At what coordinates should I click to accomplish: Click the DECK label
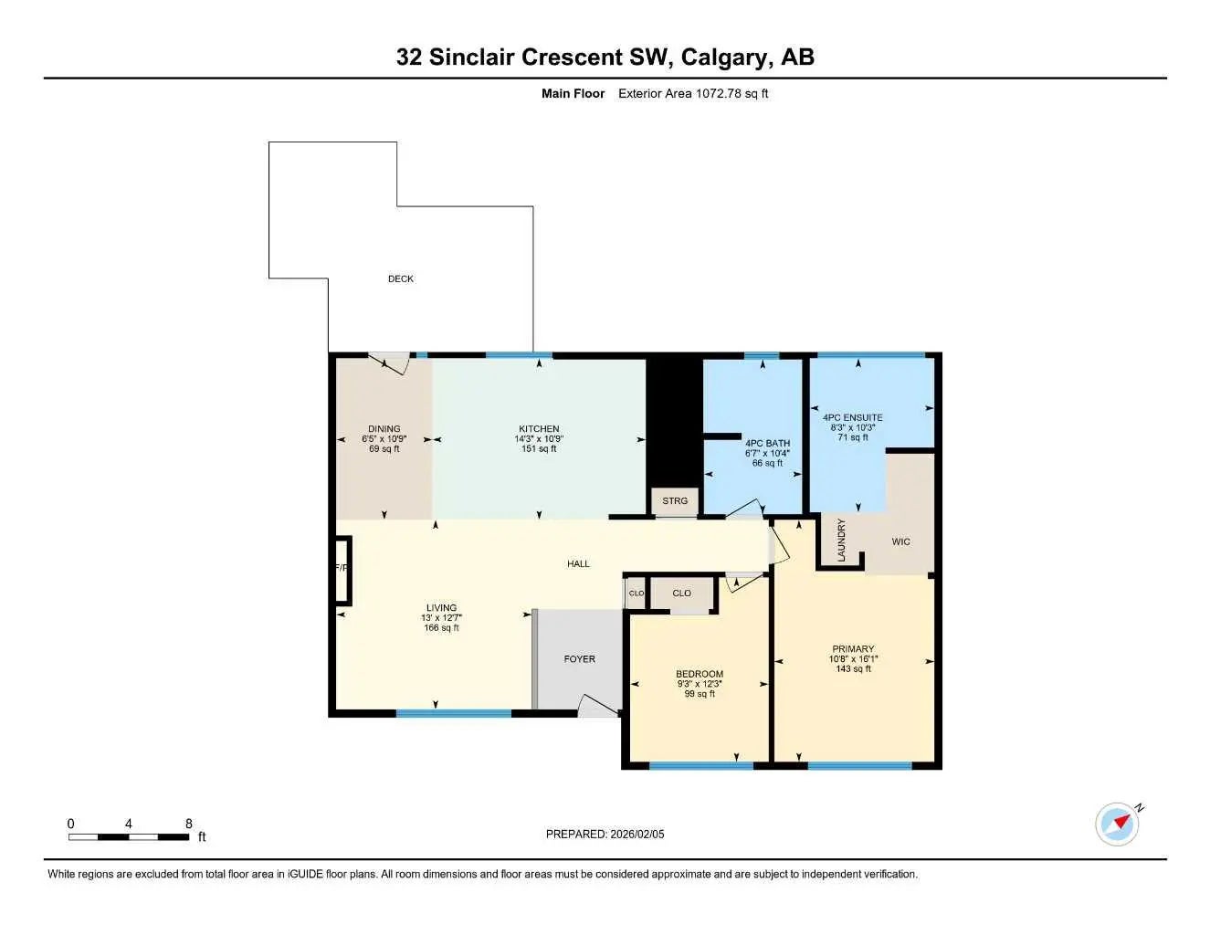400,278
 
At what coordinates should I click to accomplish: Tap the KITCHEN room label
539,429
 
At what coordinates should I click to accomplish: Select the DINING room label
384,429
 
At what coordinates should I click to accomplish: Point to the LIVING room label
441,608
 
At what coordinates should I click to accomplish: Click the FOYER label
579,658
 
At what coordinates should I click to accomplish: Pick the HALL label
578,564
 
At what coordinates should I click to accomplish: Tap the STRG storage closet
675,501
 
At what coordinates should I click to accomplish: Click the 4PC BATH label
767,444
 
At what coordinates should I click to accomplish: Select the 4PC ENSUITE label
852,418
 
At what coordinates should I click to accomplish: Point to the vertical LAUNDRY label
841,541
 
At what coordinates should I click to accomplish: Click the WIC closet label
900,541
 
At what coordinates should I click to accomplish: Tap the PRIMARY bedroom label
853,649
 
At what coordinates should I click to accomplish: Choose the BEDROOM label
700,674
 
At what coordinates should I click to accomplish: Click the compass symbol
1118,823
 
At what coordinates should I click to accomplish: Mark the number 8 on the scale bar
189,824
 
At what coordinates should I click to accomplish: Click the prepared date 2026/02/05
637,834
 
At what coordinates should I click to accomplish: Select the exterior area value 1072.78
719,93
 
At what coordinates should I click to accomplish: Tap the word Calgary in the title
726,57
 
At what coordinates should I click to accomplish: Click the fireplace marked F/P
342,569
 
